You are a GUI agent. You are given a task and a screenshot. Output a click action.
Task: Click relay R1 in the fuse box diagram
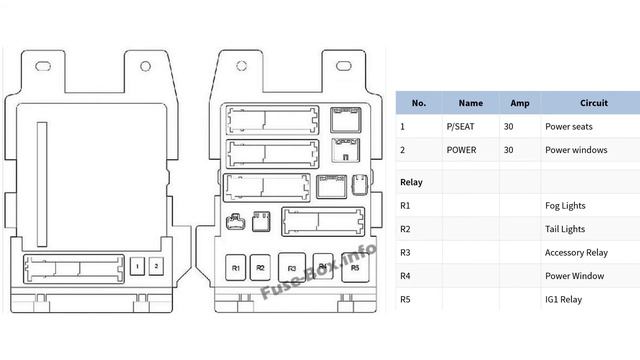pos(235,268)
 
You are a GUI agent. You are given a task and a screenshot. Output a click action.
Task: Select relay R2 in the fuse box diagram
pos(260,268)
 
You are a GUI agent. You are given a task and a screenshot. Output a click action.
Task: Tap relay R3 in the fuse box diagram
pos(291,268)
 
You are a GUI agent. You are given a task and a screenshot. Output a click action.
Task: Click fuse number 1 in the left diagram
pos(138,267)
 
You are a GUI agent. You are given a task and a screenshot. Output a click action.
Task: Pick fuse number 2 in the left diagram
pos(156,267)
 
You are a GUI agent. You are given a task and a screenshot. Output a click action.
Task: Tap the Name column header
pos(470,103)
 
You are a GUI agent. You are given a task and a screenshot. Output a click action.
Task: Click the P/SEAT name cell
pos(463,127)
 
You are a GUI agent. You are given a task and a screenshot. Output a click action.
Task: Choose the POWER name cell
pos(462,150)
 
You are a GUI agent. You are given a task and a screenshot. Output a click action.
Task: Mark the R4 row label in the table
pos(405,276)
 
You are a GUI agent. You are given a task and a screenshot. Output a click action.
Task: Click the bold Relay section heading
pos(410,182)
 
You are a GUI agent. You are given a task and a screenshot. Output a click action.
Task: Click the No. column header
pos(418,103)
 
